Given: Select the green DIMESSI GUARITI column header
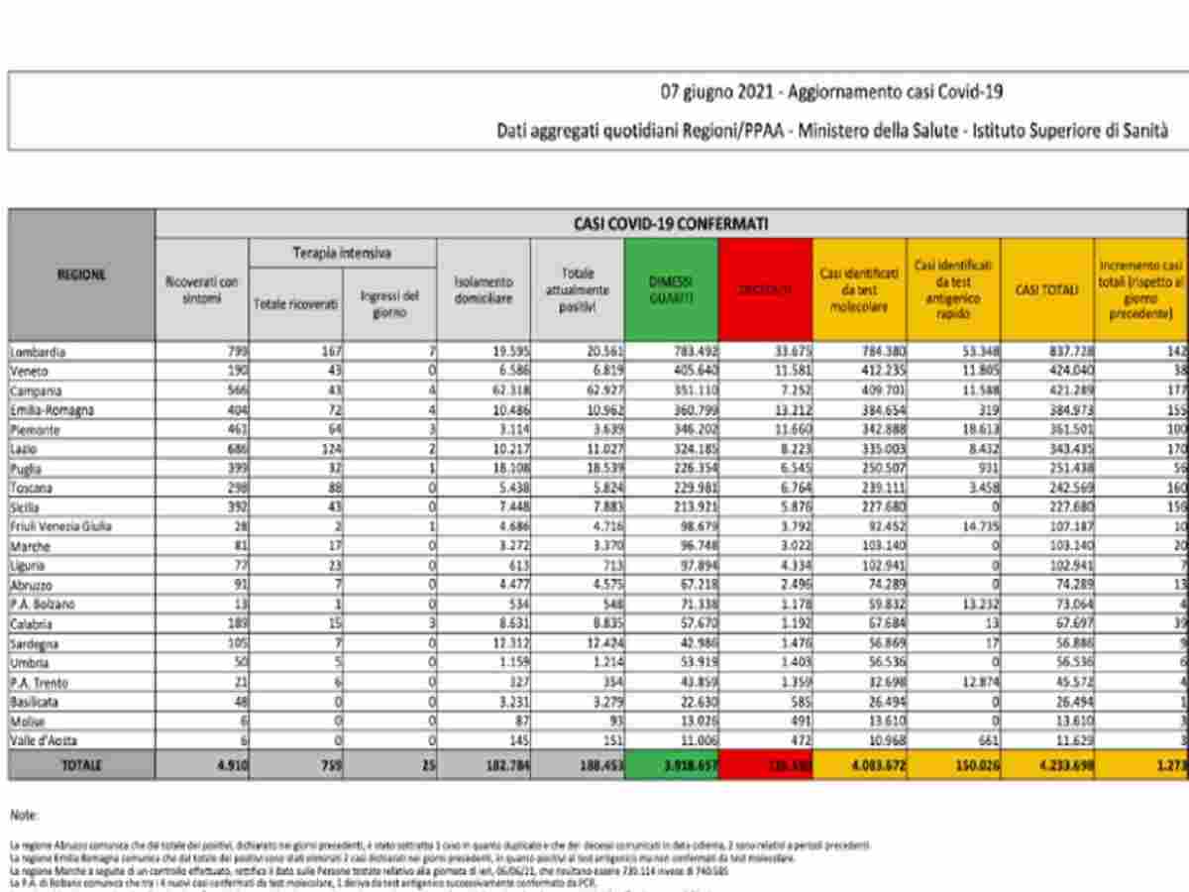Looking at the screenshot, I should [671, 289].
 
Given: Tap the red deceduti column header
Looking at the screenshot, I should [766, 289].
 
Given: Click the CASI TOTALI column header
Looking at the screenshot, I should [1047, 289].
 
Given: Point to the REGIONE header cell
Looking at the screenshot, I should [81, 275].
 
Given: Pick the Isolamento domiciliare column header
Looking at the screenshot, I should [483, 289].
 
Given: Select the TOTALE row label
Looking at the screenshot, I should [81, 765].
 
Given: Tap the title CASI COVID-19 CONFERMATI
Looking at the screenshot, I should [671, 224].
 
